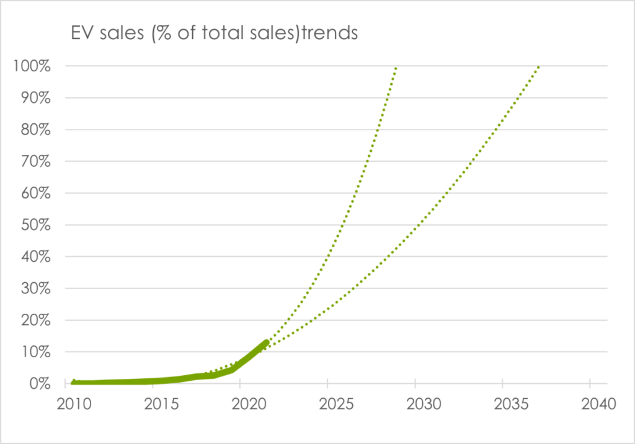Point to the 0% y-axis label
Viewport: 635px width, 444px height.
point(40,384)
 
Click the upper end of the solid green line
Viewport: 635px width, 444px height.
point(266,342)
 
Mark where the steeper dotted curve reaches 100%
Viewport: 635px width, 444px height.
point(396,67)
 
